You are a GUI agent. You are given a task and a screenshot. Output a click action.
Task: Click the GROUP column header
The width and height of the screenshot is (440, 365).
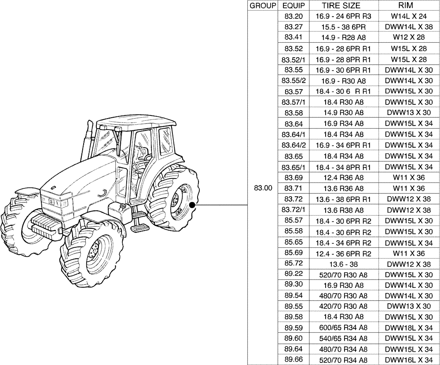point(263,6)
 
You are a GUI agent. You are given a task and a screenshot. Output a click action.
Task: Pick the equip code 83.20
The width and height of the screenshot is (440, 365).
point(293,16)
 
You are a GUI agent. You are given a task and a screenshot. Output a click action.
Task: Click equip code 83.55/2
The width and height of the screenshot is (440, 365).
point(293,81)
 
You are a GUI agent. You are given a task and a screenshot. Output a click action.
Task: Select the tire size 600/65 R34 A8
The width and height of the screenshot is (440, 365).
point(344,328)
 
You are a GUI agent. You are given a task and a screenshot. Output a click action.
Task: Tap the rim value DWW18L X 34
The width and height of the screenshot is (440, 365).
point(409,328)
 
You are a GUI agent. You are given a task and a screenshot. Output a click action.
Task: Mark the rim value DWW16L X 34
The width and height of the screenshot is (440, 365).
point(409,360)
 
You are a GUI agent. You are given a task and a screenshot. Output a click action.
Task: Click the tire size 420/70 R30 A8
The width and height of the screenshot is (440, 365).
point(344,306)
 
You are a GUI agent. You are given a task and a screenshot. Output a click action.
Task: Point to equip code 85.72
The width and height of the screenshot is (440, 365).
point(293,263)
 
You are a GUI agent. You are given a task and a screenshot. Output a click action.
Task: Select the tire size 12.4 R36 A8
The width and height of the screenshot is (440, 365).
point(344,177)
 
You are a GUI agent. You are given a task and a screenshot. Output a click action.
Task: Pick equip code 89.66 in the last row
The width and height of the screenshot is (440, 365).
point(293,360)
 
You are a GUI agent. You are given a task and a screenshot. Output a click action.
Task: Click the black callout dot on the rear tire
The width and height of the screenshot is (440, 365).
point(192,205)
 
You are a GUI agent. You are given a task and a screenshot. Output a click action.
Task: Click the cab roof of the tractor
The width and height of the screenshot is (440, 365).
point(132,121)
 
